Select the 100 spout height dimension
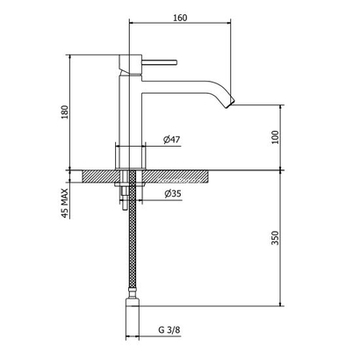click(275, 137)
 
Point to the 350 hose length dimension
click(275, 239)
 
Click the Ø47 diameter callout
click(172, 139)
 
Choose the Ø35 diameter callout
click(172, 194)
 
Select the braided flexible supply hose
click(130, 255)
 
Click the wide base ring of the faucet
click(130, 155)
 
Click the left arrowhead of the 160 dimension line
click(132, 25)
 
